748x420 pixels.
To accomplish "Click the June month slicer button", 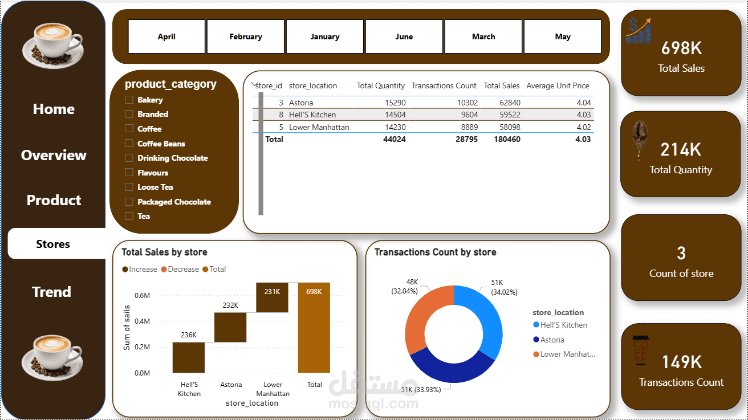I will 404,36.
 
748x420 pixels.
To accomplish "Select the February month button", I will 246,36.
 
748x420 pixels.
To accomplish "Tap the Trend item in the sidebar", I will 51,292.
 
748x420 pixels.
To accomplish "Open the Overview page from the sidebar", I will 54,155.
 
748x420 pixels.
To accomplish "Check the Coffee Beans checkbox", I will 129,144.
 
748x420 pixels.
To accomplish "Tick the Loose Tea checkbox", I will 129,187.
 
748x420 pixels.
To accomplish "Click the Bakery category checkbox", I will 129,100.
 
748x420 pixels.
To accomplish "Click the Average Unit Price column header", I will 558,86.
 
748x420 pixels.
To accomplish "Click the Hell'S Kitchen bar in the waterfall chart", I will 189,357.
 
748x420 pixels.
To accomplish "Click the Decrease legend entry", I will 180,269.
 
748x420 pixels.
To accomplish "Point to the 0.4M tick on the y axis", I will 142,321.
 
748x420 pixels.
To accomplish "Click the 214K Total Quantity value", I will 681,150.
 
